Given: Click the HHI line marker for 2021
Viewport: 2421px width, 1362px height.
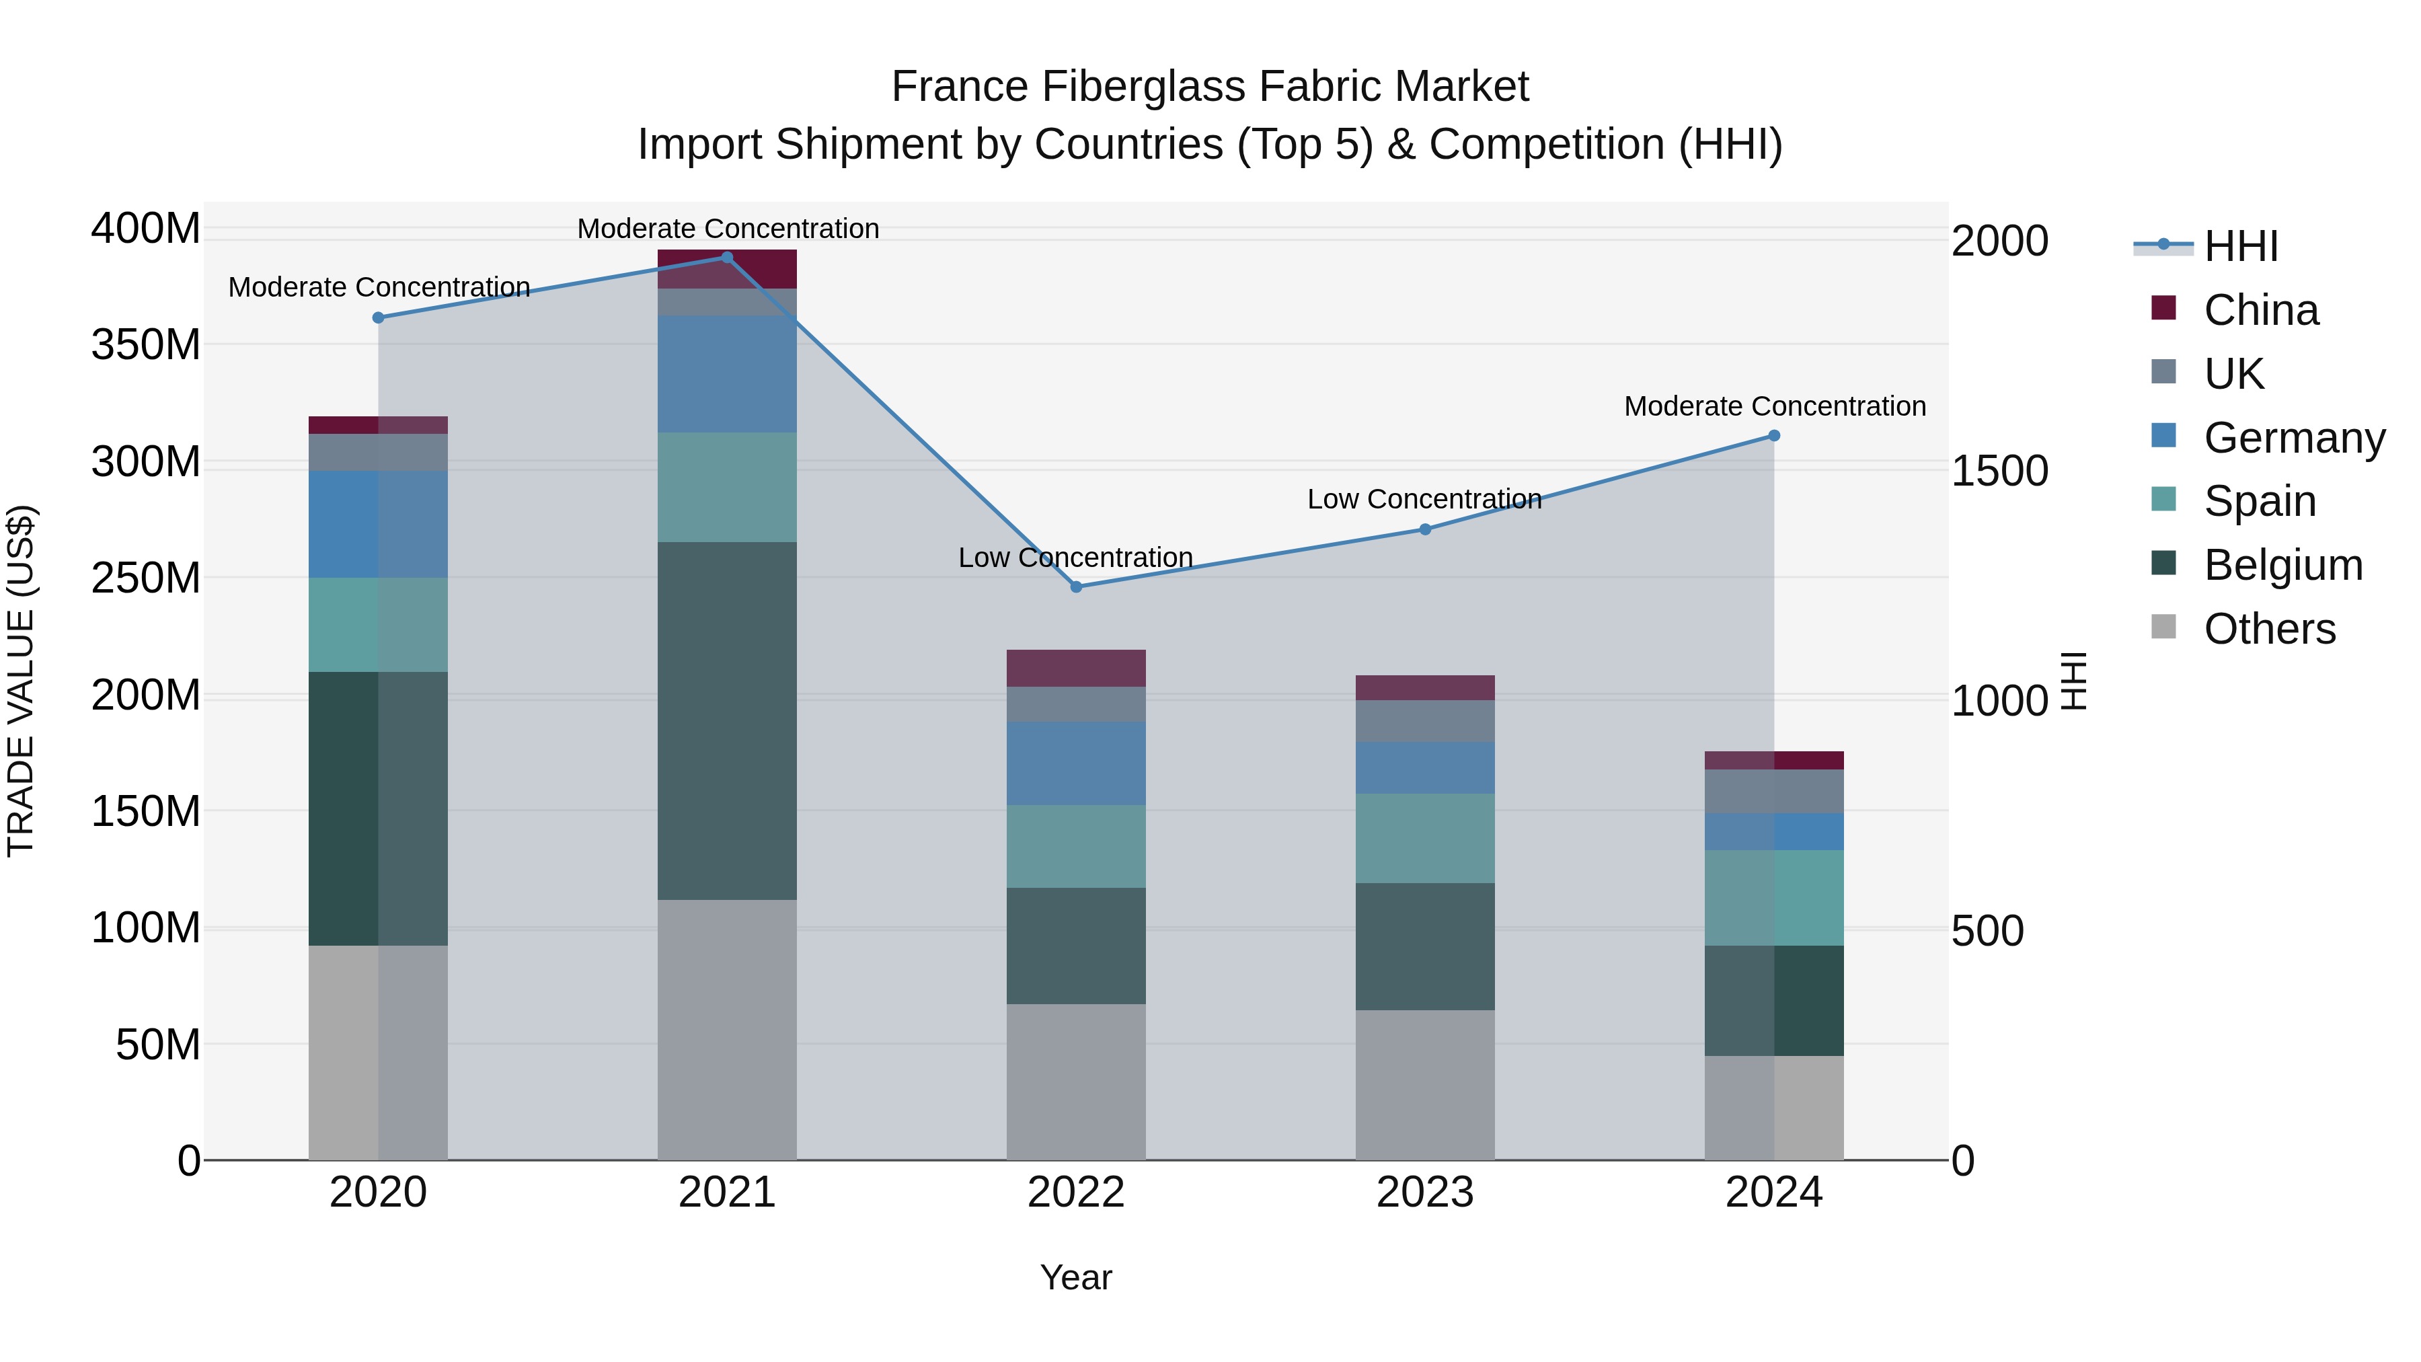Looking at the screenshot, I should (726, 258).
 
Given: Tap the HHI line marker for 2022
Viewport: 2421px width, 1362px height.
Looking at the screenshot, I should (1076, 587).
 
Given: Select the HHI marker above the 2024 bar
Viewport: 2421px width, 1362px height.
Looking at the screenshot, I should (1773, 436).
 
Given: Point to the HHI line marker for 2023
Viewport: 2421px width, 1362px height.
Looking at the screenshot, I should (1425, 529).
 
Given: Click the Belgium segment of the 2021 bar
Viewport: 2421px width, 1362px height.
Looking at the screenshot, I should (726, 721).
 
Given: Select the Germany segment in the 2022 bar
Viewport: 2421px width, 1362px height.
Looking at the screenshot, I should (1076, 763).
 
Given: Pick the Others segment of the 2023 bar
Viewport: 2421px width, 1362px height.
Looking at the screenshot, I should (1425, 1085).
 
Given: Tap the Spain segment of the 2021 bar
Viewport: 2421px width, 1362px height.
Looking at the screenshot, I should (726, 487).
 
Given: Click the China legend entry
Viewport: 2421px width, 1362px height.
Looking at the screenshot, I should (2260, 310).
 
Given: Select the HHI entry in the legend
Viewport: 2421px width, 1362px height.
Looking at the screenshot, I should (2241, 246).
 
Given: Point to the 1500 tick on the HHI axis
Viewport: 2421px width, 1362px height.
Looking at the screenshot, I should (1999, 471).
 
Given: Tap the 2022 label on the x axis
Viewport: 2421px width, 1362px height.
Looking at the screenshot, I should (1076, 1193).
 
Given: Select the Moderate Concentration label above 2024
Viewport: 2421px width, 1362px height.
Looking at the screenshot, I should (1775, 406).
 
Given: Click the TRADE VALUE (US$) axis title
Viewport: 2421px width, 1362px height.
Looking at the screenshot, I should (21, 681).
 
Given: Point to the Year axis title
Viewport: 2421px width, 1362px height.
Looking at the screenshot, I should (1076, 1277).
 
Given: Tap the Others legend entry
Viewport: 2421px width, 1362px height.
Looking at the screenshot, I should (2269, 629).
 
